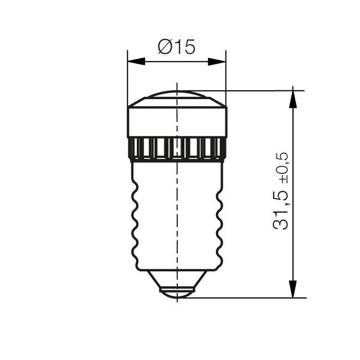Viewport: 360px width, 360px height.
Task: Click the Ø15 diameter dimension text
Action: click(x=176, y=47)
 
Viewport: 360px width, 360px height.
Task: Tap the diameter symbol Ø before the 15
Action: click(x=164, y=47)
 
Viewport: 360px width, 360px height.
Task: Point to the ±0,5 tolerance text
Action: click(x=282, y=169)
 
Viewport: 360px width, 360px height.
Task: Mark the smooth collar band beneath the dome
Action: click(x=155, y=121)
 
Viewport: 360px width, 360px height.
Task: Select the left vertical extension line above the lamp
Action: click(x=127, y=78)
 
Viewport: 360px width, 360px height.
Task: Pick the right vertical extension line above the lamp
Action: click(x=226, y=78)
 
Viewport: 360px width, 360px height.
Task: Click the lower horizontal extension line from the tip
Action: click(x=249, y=297)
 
